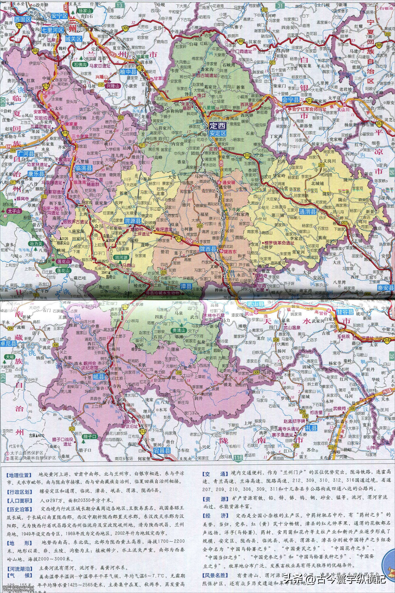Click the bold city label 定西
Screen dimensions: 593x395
(218, 125)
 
